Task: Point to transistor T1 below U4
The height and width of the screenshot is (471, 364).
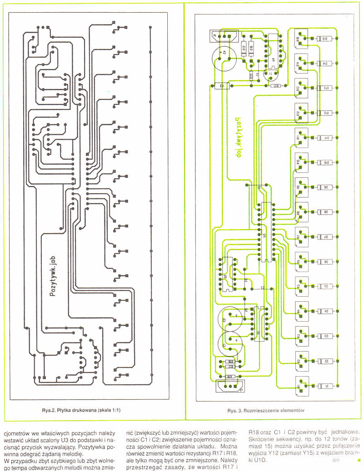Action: click(x=271, y=73)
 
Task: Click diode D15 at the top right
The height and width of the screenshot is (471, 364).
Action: click(x=325, y=39)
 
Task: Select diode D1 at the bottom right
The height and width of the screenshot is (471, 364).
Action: click(x=325, y=386)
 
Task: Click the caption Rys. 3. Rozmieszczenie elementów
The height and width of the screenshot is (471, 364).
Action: click(x=265, y=411)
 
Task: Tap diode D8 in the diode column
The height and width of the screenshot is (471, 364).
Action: click(x=325, y=212)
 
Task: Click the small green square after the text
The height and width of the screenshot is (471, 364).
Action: click(x=359, y=461)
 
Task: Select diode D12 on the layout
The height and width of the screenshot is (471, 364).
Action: click(x=325, y=113)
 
